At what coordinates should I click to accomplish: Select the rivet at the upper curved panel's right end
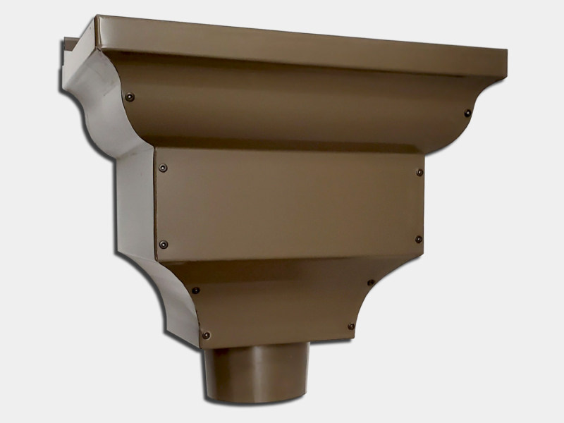coord(467,113)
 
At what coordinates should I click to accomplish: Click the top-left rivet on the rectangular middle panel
coord(164,168)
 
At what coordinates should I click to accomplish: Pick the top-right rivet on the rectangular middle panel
coord(419,172)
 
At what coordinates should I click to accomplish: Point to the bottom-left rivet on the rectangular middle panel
coord(164,244)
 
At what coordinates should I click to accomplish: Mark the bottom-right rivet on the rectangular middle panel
coord(418,240)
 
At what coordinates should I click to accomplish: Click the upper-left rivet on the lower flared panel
coord(195,290)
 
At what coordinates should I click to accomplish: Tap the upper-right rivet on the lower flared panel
coord(371,283)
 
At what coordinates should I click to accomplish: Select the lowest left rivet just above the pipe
coord(206,335)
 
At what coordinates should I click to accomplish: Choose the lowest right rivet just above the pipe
coord(351,326)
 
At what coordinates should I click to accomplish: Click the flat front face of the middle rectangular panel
coord(289,204)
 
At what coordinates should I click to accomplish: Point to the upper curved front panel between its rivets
coord(296,106)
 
